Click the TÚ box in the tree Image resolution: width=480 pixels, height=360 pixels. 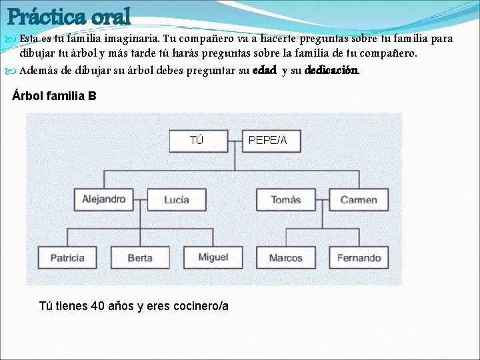196,140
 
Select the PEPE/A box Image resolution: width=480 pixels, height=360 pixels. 268,140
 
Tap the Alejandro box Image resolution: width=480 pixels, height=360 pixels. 104,199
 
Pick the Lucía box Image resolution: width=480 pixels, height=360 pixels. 176,199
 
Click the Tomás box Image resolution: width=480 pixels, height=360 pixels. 286,199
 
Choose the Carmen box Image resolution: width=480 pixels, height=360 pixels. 359,199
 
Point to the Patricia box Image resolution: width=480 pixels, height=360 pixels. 67,257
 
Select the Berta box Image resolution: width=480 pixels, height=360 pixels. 140,257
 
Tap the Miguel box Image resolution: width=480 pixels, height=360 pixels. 213,257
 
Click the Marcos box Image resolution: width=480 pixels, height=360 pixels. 286,257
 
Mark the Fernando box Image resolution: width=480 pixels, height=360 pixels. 359,257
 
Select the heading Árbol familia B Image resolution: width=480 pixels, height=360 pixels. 55,96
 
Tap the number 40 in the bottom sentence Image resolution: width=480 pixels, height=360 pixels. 98,306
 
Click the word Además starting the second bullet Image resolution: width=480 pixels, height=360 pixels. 38,70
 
